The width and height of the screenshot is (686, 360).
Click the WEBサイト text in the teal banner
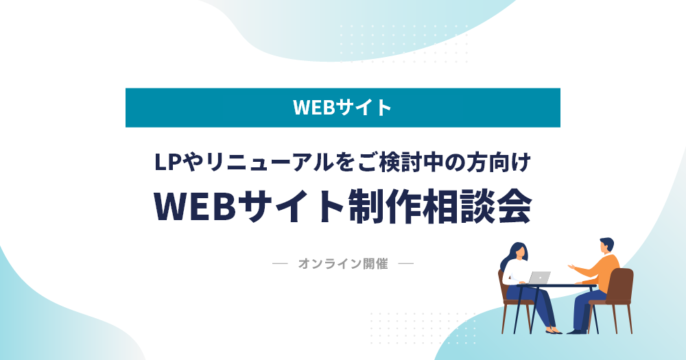[x=342, y=108]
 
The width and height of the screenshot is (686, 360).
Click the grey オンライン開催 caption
[x=343, y=264]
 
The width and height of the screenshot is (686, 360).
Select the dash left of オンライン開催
[x=280, y=264]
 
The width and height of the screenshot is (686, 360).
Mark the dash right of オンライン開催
[x=406, y=264]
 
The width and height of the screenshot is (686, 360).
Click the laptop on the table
[x=539, y=278]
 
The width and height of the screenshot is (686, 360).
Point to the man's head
[x=606, y=245]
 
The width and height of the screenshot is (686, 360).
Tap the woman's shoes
[x=554, y=331]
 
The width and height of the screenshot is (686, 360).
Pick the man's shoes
[x=577, y=332]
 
